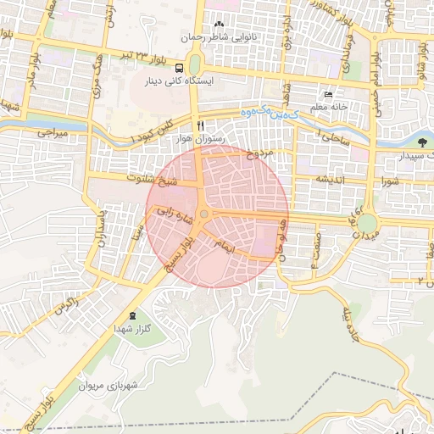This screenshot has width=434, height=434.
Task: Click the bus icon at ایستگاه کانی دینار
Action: click(180, 68)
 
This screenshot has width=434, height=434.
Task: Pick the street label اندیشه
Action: click(332, 179)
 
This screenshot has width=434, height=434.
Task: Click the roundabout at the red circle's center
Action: click(204, 214)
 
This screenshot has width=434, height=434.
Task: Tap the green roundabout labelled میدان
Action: click(367, 223)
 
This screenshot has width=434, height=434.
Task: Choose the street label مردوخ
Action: click(260, 154)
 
